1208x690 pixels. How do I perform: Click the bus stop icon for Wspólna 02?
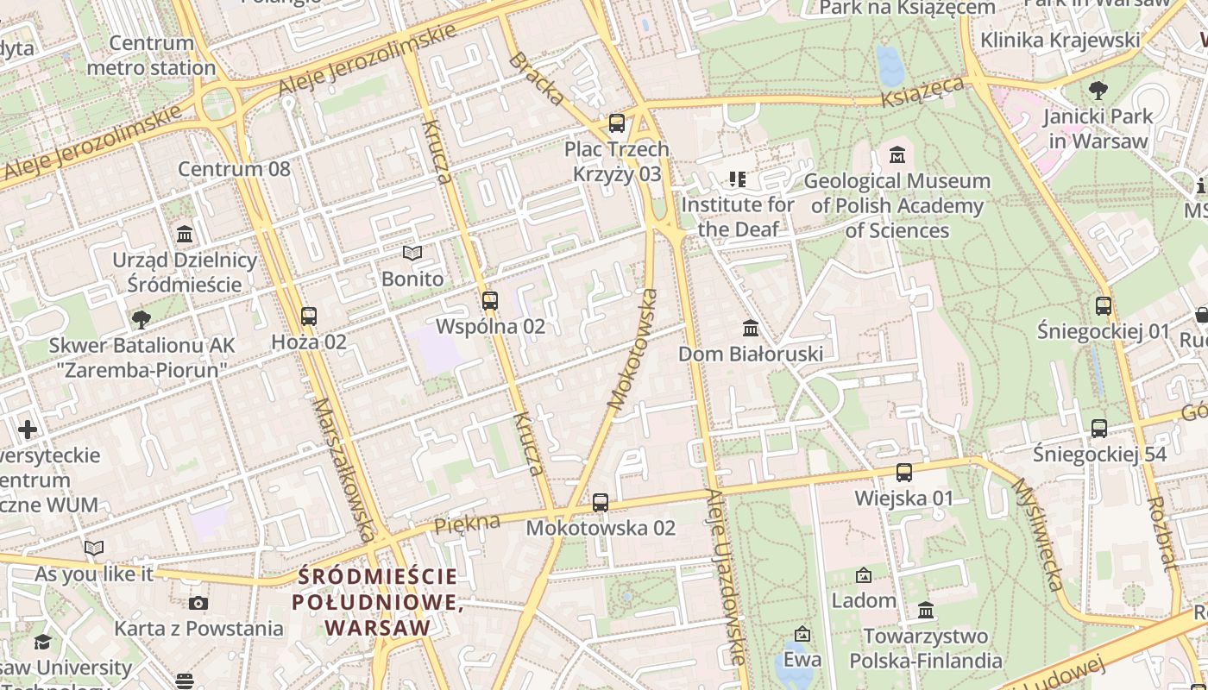tap(490, 301)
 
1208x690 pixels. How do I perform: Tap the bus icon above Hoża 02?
tap(309, 317)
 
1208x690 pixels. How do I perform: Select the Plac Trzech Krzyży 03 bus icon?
tap(617, 123)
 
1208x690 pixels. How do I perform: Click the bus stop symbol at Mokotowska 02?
tap(601, 502)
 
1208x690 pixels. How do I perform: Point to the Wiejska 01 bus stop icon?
tap(904, 473)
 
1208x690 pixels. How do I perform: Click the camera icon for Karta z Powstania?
tap(198, 603)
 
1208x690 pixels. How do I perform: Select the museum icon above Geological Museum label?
tap(897, 155)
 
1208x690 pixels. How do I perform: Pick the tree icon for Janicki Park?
tap(1098, 90)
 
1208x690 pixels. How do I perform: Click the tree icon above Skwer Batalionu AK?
tap(142, 320)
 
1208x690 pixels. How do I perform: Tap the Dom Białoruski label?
tap(750, 354)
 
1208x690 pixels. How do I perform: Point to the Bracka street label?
tap(536, 79)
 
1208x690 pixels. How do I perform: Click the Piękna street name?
tap(467, 523)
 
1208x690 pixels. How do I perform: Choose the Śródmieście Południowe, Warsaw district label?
tap(377, 602)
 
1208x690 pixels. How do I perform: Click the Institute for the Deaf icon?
tap(737, 179)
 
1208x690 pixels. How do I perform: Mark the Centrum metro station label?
tap(151, 55)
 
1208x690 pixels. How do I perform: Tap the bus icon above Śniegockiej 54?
tap(1099, 429)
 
